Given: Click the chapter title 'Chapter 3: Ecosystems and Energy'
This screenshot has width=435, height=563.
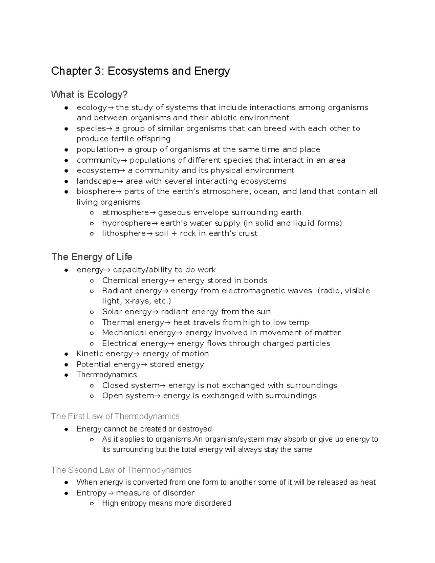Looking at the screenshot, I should point(140,71).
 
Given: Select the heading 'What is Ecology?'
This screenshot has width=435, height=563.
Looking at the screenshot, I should point(89,95).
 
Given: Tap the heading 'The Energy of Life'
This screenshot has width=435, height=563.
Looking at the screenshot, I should point(92,257).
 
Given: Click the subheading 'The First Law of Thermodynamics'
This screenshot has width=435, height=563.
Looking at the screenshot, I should point(115,416).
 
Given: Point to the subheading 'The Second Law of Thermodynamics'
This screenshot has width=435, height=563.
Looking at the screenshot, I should point(121,470).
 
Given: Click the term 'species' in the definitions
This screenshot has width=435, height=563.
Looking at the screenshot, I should point(91,129).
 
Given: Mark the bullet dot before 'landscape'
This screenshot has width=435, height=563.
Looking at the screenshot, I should point(66,181).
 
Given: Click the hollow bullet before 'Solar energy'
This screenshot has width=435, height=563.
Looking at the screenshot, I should point(92,312).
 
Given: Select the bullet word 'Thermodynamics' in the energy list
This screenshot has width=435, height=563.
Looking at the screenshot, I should point(107,374).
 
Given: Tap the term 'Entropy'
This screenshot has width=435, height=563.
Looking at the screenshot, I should point(91,493).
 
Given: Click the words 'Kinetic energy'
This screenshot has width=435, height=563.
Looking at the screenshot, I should point(104,353).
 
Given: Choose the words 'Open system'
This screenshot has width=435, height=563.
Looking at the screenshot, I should point(128,396).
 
